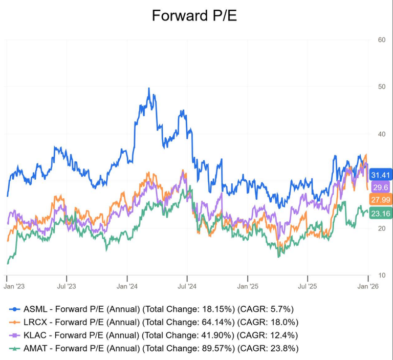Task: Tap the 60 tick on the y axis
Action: coord(381,40)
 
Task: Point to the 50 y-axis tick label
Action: coord(381,87)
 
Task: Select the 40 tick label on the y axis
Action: coord(381,134)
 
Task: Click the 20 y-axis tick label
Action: coord(381,228)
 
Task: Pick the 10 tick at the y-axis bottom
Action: coord(381,276)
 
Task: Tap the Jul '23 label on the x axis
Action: coord(67,287)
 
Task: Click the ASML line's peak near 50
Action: coord(148,89)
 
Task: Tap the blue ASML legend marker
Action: coord(14,309)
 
